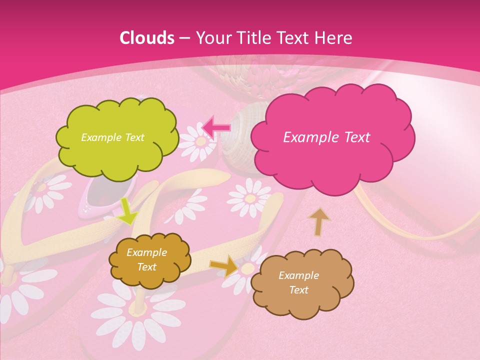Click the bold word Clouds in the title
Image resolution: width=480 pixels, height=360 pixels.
point(147,38)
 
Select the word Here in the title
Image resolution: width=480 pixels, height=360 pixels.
point(335,38)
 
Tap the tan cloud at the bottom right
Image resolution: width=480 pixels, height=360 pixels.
point(302,283)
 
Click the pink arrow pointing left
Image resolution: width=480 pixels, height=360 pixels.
point(216,128)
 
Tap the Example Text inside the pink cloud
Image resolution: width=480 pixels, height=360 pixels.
point(326,137)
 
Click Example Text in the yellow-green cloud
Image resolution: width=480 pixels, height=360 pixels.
point(112,137)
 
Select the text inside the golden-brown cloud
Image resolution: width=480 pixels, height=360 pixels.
point(147,259)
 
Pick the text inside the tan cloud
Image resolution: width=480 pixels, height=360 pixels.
point(298,282)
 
